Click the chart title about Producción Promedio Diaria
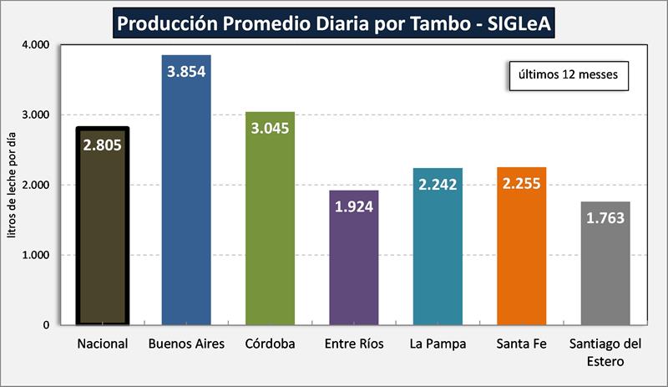(x=333, y=22)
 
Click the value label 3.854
(x=186, y=72)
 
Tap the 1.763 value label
(x=605, y=218)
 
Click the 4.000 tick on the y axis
(x=36, y=44)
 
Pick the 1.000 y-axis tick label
(x=36, y=255)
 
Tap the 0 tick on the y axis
(x=47, y=325)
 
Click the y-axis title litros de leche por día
(x=13, y=185)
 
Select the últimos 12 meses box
(x=568, y=74)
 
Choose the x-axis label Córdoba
(x=270, y=344)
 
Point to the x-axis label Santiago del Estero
(x=605, y=352)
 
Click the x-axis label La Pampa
(x=438, y=344)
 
